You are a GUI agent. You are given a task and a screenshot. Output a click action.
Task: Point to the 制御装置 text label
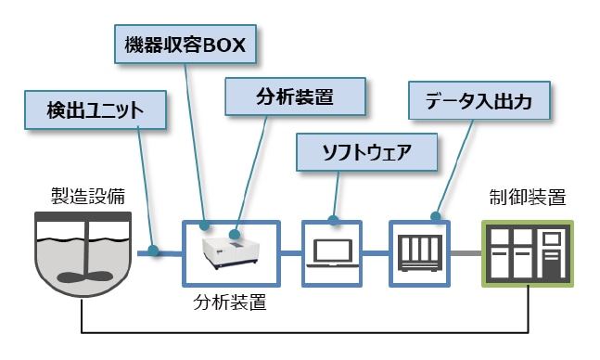(x=526, y=196)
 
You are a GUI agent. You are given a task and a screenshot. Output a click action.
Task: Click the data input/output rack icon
(x=418, y=251)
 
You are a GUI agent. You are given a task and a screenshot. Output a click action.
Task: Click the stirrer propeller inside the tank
(x=81, y=274)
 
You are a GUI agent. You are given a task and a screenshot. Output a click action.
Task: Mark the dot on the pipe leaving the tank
(x=153, y=251)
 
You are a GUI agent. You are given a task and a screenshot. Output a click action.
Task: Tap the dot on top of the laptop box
(x=333, y=221)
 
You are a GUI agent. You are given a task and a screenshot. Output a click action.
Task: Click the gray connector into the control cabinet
(x=465, y=251)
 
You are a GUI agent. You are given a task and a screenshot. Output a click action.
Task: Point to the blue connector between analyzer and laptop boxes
(x=291, y=251)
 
